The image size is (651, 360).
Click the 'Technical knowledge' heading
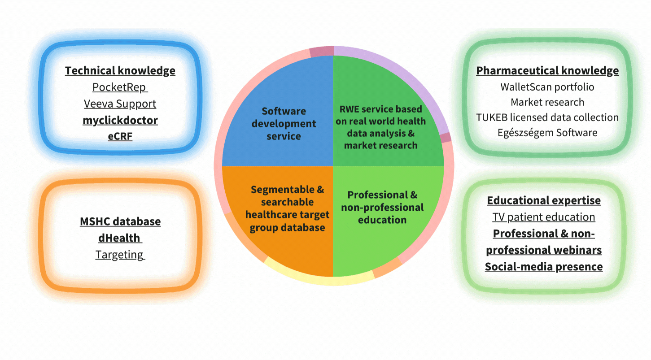point(120,71)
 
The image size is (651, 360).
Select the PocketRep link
point(120,87)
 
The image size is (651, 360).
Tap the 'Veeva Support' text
point(120,104)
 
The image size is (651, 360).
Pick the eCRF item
point(120,136)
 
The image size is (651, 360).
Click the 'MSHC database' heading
point(120,221)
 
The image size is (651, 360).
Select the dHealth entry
point(120,238)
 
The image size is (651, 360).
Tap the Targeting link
point(120,255)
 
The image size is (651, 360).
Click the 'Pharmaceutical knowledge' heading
point(547,71)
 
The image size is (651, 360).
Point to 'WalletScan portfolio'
point(547,87)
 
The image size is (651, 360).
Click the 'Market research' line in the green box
point(547,102)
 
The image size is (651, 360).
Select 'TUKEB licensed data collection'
point(547,117)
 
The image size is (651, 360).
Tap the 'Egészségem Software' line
point(547,133)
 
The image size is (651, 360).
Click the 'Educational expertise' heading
point(544,200)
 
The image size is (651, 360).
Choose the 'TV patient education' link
point(544,217)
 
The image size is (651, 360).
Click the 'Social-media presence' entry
point(544,267)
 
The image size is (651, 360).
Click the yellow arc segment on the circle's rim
point(320,279)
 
